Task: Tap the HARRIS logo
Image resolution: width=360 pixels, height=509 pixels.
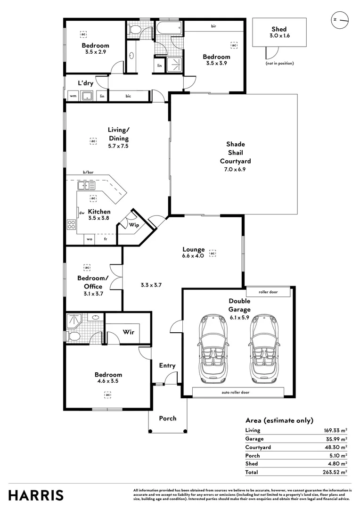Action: coord(36,495)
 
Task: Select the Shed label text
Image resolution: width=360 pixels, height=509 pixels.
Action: coord(278,29)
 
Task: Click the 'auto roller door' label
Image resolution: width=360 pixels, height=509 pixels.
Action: coord(236,392)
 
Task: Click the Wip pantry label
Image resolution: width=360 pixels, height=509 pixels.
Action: coord(134,225)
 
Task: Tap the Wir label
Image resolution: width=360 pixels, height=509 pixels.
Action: coord(129,332)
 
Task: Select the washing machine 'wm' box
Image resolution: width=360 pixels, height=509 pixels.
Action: coord(73,96)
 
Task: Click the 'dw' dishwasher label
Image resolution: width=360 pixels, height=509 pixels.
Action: coord(82,213)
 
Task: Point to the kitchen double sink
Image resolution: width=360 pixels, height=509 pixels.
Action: coord(87,186)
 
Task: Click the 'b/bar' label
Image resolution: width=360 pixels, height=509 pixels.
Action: coord(88,173)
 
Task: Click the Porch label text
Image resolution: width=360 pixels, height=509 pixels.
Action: coord(168,418)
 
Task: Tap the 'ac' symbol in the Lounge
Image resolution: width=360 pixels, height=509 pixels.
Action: coord(213,253)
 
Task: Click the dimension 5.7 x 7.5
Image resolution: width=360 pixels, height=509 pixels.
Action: coord(118,146)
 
